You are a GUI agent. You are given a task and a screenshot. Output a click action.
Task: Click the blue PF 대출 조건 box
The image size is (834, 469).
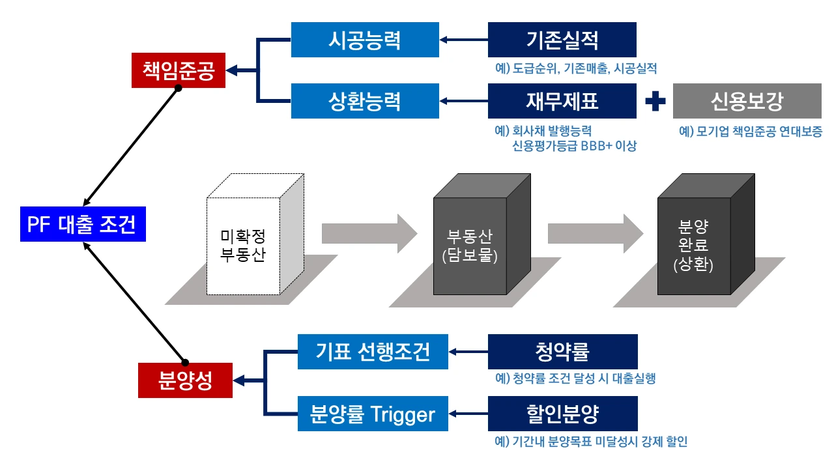[83, 225]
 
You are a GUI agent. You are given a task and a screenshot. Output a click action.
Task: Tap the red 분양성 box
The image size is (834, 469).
[185, 380]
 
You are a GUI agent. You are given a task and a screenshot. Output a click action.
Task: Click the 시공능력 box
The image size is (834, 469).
[365, 40]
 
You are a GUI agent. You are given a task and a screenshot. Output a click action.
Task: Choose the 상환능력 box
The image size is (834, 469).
[365, 101]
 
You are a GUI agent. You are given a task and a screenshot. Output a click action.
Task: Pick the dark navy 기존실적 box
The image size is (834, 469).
[562, 40]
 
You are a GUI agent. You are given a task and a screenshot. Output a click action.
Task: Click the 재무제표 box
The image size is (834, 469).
[562, 101]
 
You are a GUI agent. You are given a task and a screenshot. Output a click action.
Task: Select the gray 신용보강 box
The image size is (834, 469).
[747, 101]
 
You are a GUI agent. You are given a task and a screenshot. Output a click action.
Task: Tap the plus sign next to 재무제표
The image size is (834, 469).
[655, 102]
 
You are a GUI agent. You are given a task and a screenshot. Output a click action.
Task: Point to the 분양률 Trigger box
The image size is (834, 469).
[373, 414]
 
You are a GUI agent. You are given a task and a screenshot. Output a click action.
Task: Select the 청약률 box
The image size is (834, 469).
[562, 352]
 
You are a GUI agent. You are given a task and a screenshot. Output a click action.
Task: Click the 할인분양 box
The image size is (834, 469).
[562, 414]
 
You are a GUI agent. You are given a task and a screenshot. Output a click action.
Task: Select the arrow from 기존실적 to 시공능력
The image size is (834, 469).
[464, 40]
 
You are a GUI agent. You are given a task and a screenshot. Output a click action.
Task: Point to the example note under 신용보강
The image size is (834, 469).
[751, 132]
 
